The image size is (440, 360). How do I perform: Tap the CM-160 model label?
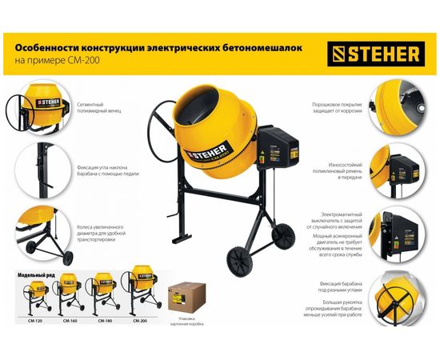tap(70, 320)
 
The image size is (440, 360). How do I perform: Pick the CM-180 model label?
tap(105, 320)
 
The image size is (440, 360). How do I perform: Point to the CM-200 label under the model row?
tap(140, 320)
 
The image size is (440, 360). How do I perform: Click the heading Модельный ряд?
tap(38, 274)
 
